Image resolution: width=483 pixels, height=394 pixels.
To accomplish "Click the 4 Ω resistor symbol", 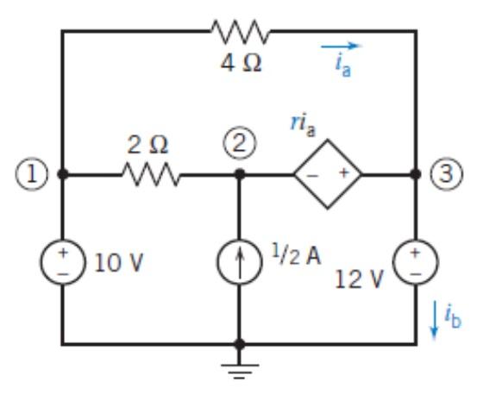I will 241,33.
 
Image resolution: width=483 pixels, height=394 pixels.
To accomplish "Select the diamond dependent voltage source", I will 327,173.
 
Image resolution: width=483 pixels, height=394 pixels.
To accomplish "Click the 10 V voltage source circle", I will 62,260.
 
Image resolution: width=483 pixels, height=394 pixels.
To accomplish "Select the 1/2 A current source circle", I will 241,260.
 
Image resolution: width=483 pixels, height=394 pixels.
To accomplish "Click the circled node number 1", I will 22,173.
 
